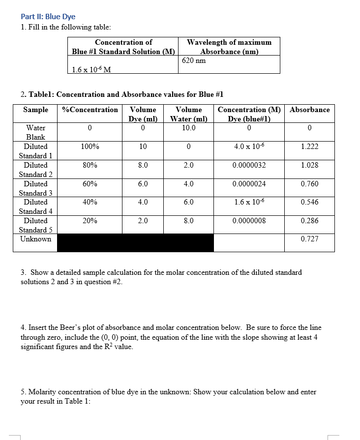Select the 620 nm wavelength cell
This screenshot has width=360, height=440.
pos(194,60)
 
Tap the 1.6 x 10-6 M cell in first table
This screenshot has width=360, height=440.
pos(91,69)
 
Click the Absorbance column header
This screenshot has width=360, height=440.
pos(309,110)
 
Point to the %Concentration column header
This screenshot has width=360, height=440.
pos(90,110)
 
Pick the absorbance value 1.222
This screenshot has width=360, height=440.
pos(309,147)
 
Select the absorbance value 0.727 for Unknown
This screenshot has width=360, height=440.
pos(309,239)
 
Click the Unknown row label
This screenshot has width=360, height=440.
pos(35,239)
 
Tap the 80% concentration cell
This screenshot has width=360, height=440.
pos(90,165)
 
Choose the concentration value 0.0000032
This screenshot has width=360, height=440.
pos(249,165)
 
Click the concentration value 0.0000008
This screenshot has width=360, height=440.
pos(249,221)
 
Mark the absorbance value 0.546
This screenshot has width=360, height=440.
pos(309,202)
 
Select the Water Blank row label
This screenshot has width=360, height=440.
pos(35,132)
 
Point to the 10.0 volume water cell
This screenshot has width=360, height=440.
pos(188,128)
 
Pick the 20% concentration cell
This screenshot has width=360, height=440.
pos(90,221)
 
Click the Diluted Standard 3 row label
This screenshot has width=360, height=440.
pos(35,188)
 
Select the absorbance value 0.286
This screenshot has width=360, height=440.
pos(309,221)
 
